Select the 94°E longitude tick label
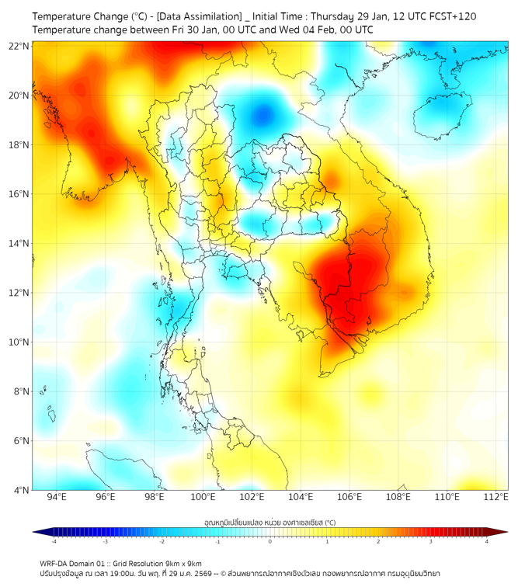point(57,498)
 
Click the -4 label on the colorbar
point(54,542)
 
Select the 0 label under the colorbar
point(270,542)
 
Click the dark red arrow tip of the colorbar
point(503,532)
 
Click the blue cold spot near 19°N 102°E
point(263,114)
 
